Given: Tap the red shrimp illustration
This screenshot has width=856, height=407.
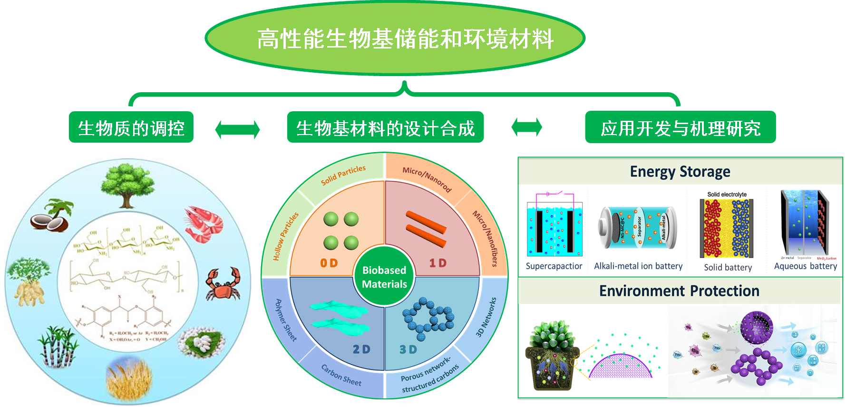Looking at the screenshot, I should tap(204, 223).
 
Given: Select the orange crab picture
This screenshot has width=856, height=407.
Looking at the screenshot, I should tap(223, 284).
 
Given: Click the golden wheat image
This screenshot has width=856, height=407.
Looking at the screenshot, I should tap(128, 378).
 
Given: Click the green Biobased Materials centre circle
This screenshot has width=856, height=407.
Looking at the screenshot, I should tap(384, 277).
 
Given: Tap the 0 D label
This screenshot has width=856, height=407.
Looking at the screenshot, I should tap(329, 263).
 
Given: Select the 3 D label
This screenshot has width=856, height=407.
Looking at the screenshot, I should tap(408, 350).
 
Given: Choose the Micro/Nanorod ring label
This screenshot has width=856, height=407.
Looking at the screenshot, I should tap(427, 179).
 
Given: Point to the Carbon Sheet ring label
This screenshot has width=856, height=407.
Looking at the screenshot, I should tap(341, 375).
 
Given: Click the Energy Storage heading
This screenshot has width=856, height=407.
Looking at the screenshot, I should tap(680, 172).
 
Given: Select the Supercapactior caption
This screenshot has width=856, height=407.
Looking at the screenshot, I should tap(554, 266).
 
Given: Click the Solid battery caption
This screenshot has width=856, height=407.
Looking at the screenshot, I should tap(728, 268).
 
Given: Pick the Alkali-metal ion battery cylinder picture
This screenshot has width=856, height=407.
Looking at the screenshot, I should tap(637, 228).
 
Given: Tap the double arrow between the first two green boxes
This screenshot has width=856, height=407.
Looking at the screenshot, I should tap(237, 129).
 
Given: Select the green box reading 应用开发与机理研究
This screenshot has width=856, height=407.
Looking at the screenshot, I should tap(680, 127).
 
